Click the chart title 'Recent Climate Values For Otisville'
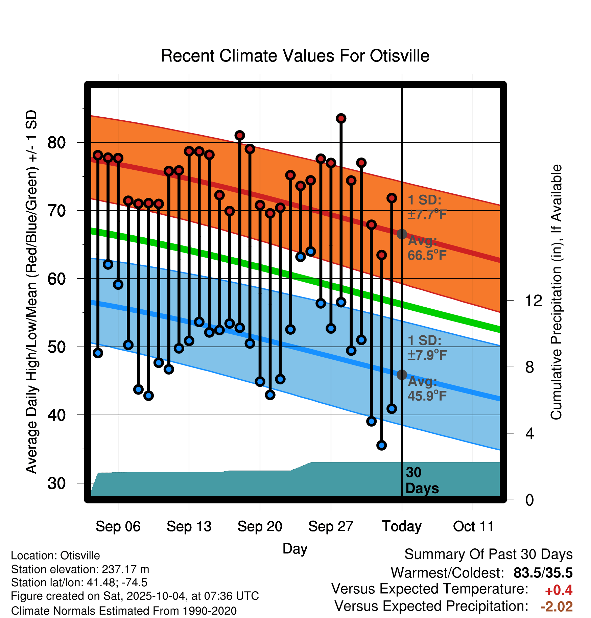295,56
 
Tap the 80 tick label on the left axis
56,143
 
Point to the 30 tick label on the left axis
56,483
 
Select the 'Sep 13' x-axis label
189,526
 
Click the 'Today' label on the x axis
402,526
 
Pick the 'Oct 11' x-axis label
473,526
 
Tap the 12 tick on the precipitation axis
533,301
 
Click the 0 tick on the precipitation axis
529,500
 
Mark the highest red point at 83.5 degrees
341,118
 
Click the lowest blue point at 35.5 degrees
381,445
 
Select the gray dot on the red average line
402,234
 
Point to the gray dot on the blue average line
402,375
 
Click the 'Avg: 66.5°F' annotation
427,248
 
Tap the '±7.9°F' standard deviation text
427,355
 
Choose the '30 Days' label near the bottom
421,480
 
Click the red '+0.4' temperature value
559,590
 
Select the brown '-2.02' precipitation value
557,607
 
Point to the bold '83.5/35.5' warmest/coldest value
543,573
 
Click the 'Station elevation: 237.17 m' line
80,569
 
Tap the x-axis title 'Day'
295,548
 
